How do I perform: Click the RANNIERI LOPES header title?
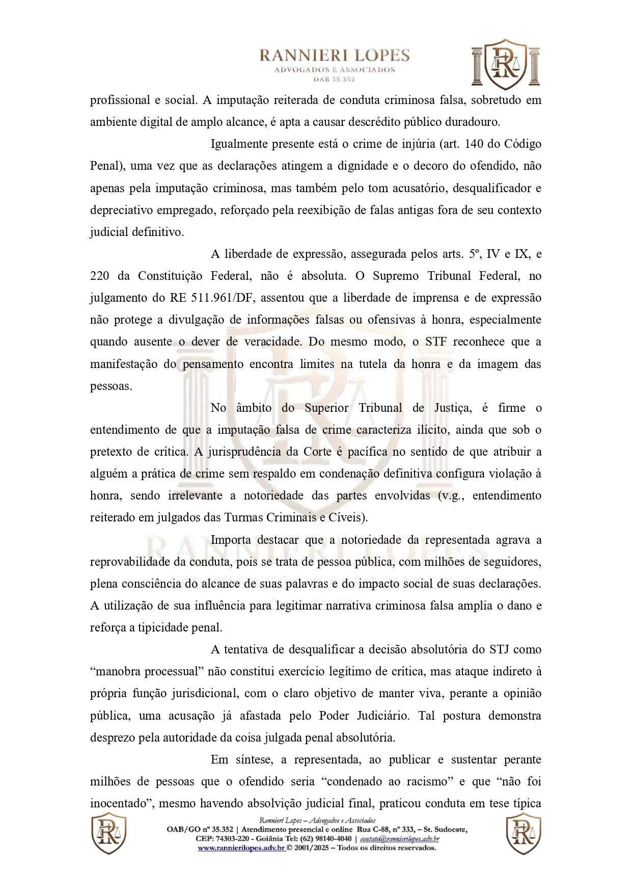335,56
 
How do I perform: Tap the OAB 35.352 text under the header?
335,79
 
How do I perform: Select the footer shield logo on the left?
108,834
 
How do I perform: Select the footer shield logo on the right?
524,834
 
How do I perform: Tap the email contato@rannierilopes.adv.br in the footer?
399,839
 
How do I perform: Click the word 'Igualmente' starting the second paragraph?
241,144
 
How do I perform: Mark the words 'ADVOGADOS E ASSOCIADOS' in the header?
335,70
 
